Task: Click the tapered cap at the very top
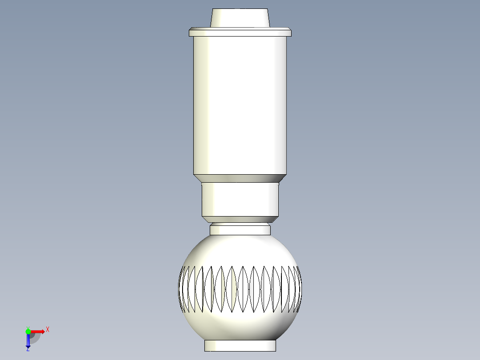pyautogui.click(x=240, y=18)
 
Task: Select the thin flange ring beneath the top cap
pyautogui.click(x=240, y=33)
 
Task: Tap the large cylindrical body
pyautogui.click(x=240, y=105)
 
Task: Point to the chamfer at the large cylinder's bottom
pyautogui.click(x=240, y=178)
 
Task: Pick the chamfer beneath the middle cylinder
pyautogui.click(x=240, y=219)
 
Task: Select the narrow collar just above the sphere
pyautogui.click(x=240, y=230)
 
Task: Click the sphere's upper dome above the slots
pyautogui.click(x=240, y=250)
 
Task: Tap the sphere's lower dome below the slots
pyautogui.click(x=240, y=325)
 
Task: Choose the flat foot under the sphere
pyautogui.click(x=240, y=345)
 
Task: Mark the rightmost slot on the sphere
pyautogui.click(x=299, y=289)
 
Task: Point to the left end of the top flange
pyautogui.click(x=191, y=33)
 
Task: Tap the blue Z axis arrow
pyautogui.click(x=28, y=341)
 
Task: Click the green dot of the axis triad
pyautogui.click(x=28, y=331)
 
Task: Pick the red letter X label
pyautogui.click(x=48, y=330)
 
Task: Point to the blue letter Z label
pyautogui.click(x=28, y=350)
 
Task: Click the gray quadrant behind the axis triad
pyautogui.click(x=34, y=338)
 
